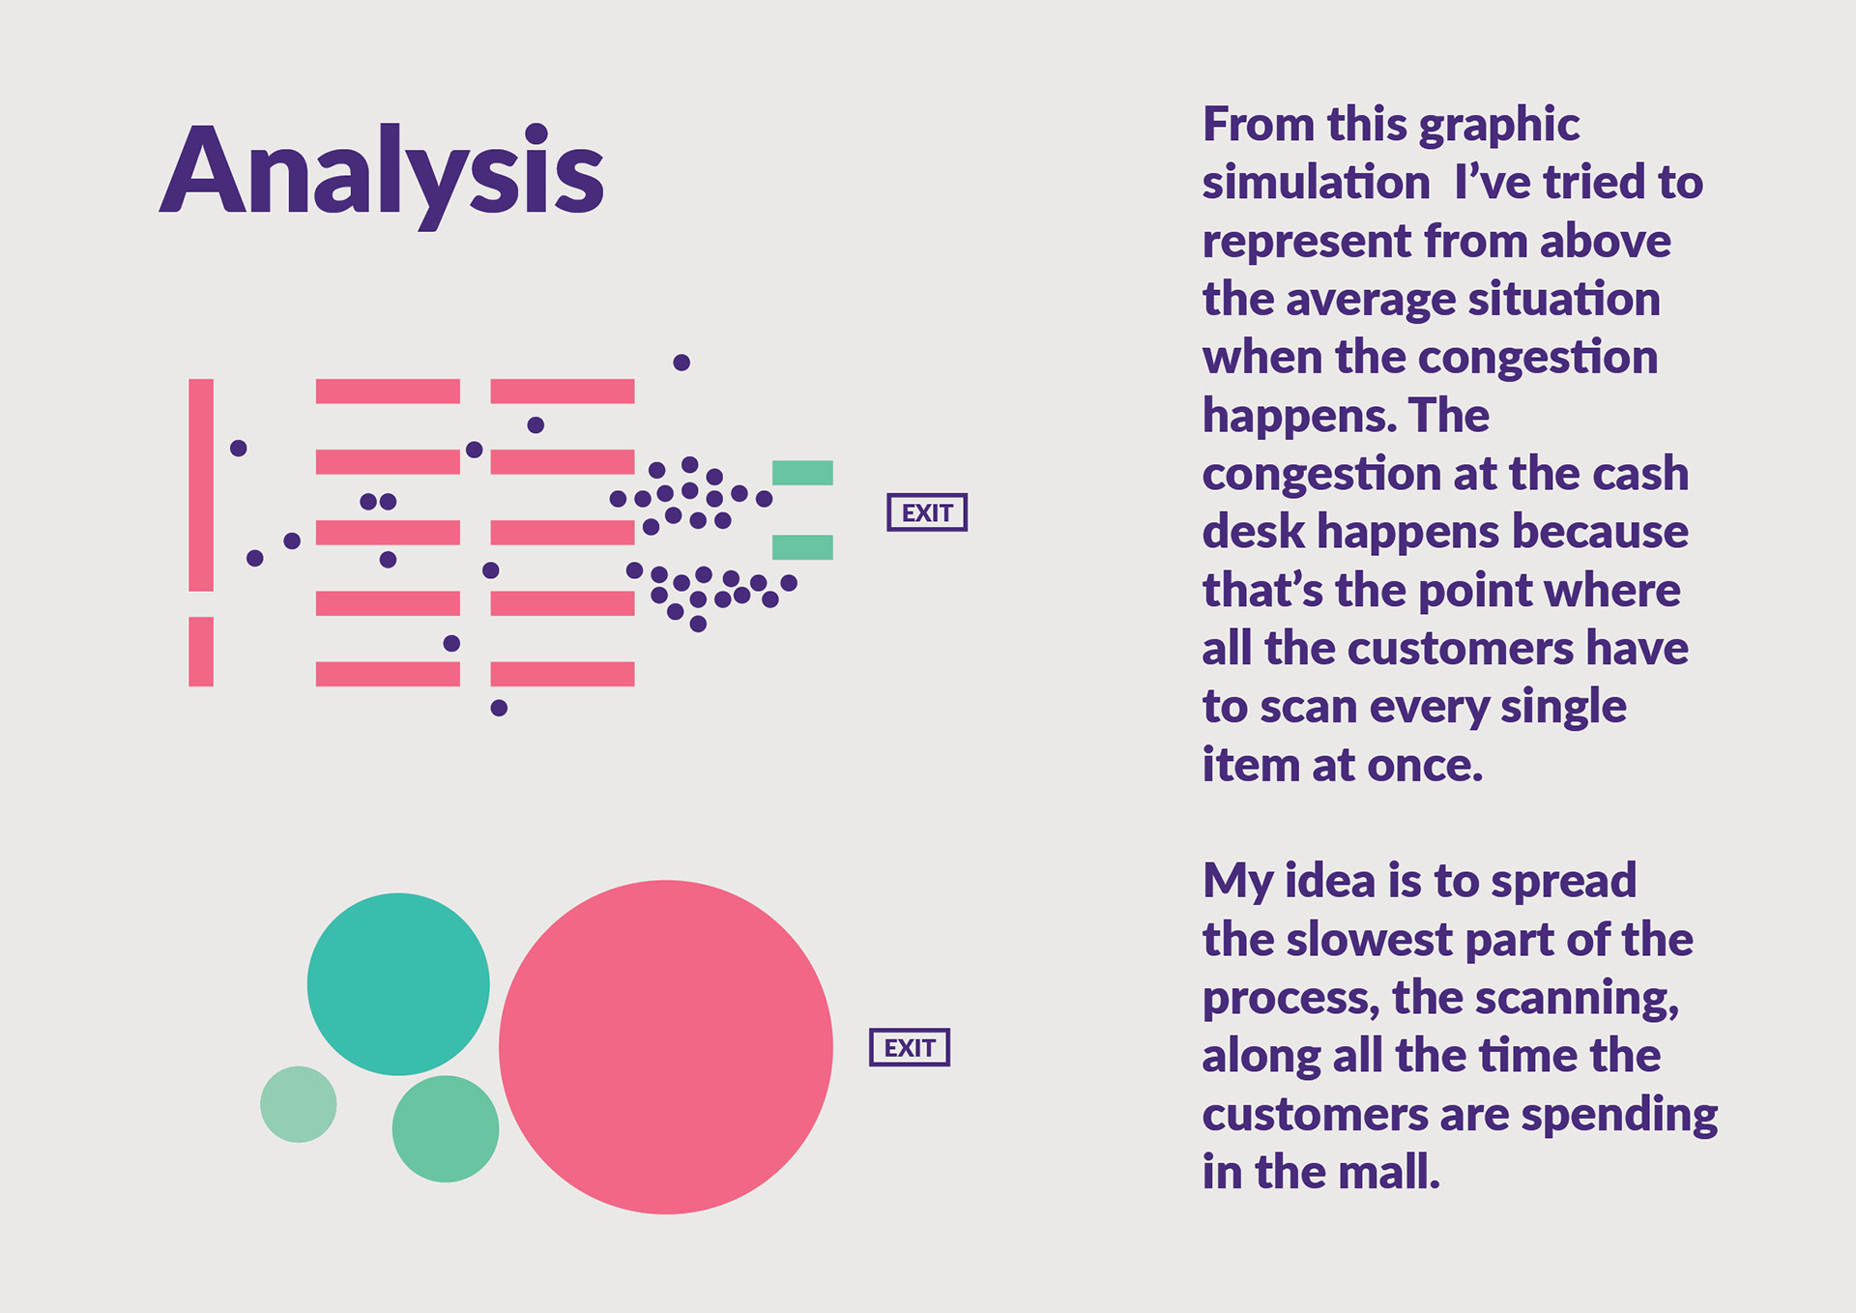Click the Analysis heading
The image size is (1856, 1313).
coord(382,174)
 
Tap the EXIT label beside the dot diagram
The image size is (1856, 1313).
coord(927,512)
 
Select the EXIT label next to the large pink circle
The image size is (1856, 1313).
coord(910,1047)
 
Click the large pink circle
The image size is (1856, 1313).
coord(666,1047)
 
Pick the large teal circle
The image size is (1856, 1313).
coord(398,984)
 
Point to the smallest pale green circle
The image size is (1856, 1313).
coord(299,1104)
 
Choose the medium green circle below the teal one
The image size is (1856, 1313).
coord(446,1128)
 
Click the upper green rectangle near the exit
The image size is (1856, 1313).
coord(802,473)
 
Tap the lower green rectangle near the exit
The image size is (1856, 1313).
coord(802,547)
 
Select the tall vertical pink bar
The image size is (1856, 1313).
coord(201,484)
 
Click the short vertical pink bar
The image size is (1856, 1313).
coord(201,652)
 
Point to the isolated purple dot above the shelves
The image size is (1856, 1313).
coord(681,363)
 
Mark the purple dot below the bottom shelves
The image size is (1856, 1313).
coord(499,708)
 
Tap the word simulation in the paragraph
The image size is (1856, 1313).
coord(1316,183)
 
